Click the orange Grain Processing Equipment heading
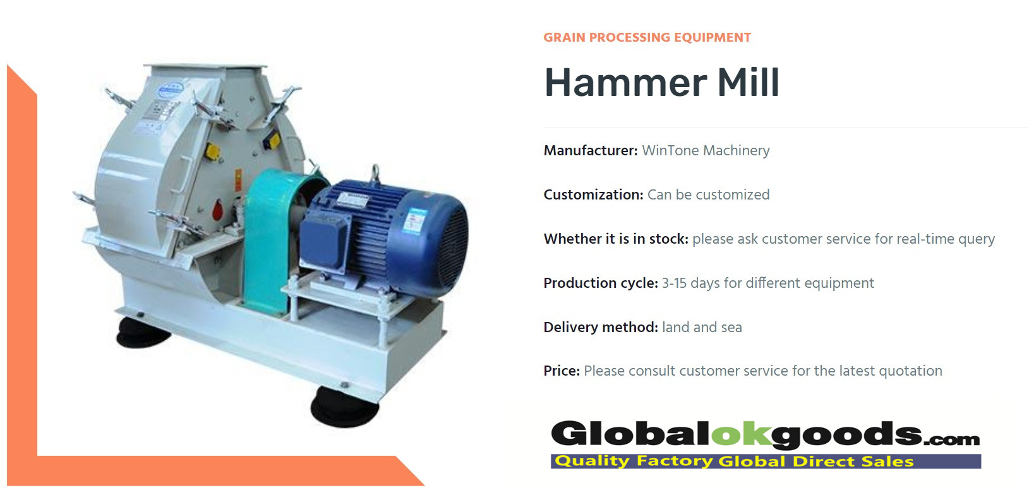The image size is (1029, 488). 647,38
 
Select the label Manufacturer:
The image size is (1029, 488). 590,151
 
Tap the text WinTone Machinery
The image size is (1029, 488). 706,151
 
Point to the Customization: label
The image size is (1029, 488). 593,194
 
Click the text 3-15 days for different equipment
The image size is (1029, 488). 767,283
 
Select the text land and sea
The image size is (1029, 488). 702,327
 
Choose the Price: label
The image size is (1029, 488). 562,371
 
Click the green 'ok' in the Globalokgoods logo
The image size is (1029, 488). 741,434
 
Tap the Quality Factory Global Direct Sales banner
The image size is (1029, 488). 766,461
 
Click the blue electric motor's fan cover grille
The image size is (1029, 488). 452,246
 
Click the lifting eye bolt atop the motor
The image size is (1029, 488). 375,174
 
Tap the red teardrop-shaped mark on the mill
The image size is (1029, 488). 217,210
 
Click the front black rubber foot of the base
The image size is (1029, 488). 344,407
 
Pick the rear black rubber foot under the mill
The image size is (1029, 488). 143,332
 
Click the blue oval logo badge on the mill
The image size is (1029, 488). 171,90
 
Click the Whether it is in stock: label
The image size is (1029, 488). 615,239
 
